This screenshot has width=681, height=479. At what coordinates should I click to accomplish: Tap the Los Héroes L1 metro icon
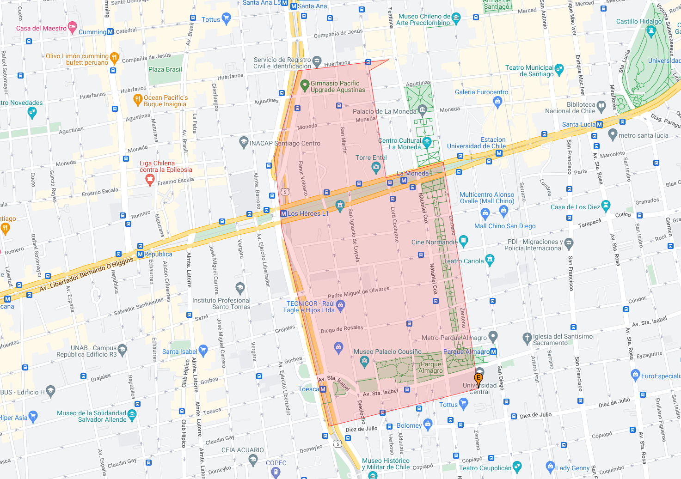tap(284, 213)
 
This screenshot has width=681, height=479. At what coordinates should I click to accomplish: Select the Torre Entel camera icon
tap(376, 166)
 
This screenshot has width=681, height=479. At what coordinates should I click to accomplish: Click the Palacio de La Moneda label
tap(384, 111)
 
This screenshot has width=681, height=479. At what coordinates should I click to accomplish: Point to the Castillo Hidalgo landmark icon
tap(651, 30)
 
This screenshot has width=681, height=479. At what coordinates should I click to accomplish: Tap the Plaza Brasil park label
tap(165, 69)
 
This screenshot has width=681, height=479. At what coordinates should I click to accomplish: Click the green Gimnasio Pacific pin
tap(304, 85)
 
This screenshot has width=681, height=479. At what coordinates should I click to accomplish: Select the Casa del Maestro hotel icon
tap(73, 27)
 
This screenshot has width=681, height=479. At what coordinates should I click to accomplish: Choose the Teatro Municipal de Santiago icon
tap(559, 69)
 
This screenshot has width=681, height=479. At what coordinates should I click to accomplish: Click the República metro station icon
tap(140, 254)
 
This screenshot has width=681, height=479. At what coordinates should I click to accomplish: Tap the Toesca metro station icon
tap(323, 389)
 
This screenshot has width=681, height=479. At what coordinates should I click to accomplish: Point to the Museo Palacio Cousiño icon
tap(364, 361)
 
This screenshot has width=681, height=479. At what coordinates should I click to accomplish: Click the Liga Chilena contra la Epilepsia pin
tap(149, 180)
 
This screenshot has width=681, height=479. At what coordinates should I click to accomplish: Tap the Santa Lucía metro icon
tap(600, 124)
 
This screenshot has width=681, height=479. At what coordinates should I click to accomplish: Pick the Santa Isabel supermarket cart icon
tap(203, 351)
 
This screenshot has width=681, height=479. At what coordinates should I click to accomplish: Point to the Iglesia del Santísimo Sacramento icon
tap(527, 338)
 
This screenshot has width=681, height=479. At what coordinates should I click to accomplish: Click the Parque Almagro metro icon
tap(493, 352)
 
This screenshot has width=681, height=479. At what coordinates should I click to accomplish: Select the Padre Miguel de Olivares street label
tap(358, 292)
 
